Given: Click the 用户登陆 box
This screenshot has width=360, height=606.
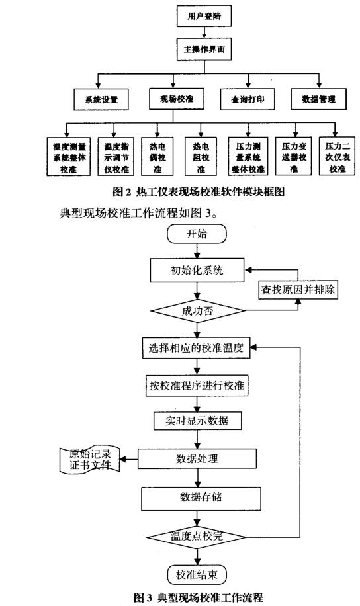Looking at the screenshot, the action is tap(204, 17).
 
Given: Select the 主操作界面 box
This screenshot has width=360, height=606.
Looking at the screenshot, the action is tap(204, 49).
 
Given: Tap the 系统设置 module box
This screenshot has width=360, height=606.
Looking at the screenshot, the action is tap(101, 99).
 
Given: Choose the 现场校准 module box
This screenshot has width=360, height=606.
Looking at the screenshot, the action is tap(177, 99).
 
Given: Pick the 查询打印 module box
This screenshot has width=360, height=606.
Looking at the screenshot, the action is tap(247, 99).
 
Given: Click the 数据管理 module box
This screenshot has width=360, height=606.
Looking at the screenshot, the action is tap(318, 99).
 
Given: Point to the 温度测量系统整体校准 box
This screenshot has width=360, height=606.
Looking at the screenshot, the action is tap(69, 157).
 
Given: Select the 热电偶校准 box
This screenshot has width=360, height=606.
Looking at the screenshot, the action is tap(157, 157).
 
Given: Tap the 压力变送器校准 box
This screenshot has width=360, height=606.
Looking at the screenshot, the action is tap(294, 157).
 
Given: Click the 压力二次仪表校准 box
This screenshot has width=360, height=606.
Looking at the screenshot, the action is tap(337, 157).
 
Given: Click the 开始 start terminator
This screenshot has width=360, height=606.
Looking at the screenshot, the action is tap(197, 234).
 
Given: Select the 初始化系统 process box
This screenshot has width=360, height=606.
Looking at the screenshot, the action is tap(197, 270).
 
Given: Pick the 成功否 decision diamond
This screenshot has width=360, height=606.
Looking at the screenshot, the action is tap(197, 311).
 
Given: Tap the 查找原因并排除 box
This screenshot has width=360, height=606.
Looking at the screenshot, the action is tap(298, 290).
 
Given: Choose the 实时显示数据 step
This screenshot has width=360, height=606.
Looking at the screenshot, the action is tap(198, 421).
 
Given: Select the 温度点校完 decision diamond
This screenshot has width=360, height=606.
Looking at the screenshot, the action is tap(197, 537).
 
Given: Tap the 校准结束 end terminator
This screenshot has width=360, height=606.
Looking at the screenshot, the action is tap(197, 575).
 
